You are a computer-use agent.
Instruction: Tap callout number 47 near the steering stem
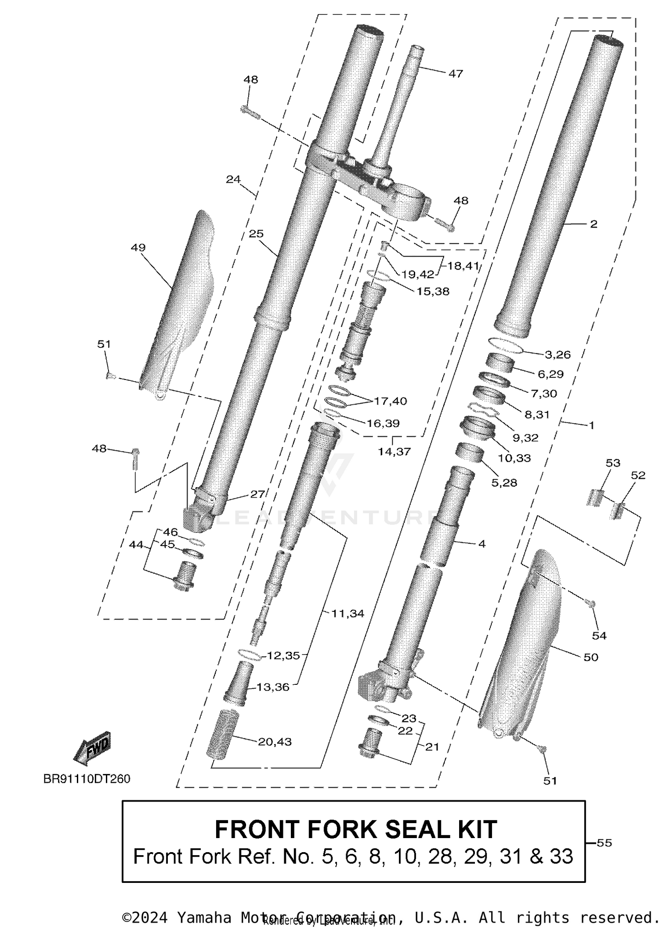[x=456, y=74]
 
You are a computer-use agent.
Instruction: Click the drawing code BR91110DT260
[x=87, y=779]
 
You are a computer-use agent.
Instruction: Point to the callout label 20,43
[x=275, y=742]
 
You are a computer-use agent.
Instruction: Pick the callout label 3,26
[x=558, y=354]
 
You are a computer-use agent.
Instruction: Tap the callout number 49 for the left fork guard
[x=138, y=248]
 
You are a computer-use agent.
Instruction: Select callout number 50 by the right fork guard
[x=591, y=658]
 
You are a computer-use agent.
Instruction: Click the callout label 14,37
[x=394, y=452]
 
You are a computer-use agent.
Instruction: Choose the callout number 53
[x=613, y=463]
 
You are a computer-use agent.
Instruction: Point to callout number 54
[x=599, y=636]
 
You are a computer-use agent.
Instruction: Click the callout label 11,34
[x=348, y=614]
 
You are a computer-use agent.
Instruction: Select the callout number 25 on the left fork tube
[x=256, y=234]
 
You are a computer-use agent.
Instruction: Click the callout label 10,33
[x=514, y=458]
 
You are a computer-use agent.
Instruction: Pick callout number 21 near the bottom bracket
[x=432, y=747]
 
